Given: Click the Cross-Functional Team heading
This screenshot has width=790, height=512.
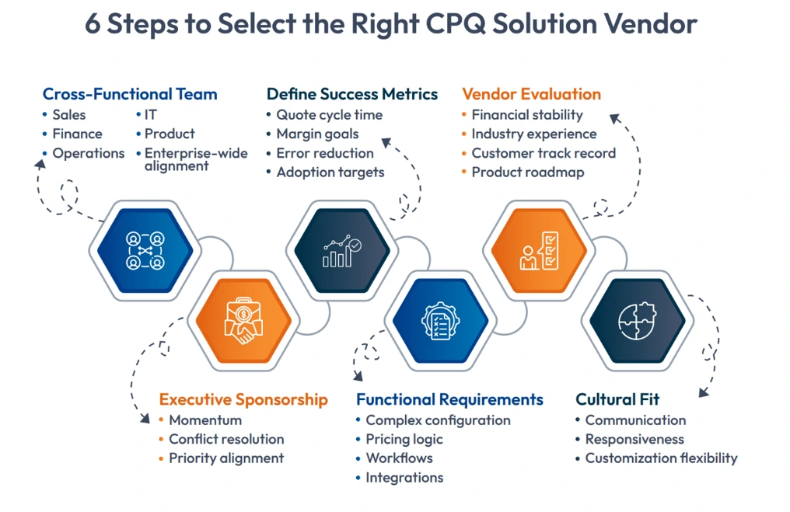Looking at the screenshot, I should click(x=130, y=95).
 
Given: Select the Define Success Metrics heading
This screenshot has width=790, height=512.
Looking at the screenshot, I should click(x=352, y=95).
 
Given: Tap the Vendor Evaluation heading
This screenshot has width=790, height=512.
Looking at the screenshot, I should click(x=531, y=95).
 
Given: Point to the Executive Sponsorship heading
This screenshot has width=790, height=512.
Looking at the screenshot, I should click(x=243, y=400).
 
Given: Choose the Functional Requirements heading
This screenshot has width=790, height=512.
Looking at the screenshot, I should click(x=449, y=400).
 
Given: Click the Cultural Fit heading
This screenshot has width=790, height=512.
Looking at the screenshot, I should click(x=617, y=400).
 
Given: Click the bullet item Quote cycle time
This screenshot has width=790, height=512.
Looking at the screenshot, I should click(x=330, y=115).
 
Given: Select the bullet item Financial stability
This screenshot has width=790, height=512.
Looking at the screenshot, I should click(x=526, y=115).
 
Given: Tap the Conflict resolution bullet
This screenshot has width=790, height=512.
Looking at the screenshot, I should click(x=226, y=440).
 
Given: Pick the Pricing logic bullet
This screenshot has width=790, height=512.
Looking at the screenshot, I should click(x=404, y=440).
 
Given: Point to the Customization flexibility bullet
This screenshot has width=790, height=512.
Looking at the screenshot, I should click(x=661, y=458).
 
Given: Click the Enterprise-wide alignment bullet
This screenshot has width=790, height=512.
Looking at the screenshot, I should click(x=196, y=159).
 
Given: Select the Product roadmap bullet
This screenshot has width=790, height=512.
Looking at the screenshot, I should click(x=527, y=172).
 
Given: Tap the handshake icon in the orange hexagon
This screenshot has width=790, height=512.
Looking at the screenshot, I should click(x=243, y=321).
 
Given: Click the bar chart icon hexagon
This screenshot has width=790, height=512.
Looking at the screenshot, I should click(x=342, y=251).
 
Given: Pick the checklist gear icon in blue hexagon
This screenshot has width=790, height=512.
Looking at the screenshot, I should click(x=440, y=321).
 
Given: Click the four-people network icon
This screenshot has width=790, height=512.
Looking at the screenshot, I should click(x=145, y=251).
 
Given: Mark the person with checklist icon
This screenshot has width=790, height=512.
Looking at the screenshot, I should click(x=539, y=251).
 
